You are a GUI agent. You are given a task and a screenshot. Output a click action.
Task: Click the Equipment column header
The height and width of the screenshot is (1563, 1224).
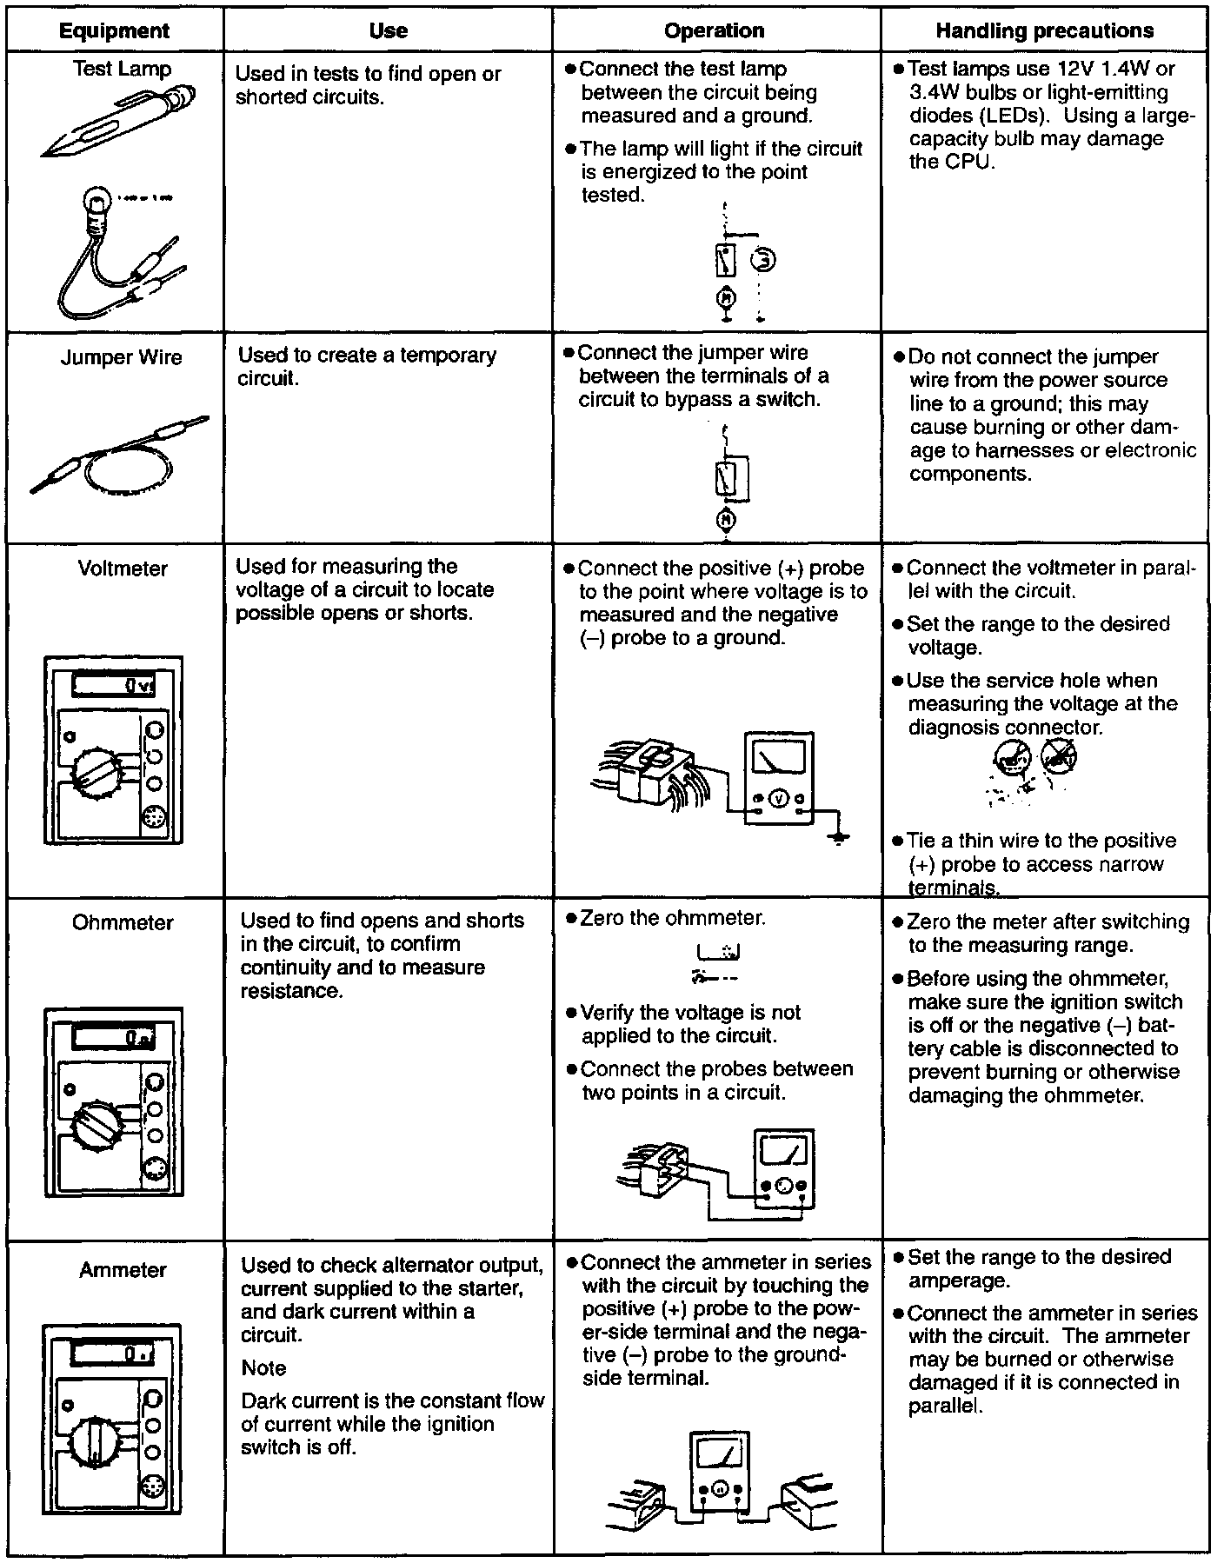(x=114, y=30)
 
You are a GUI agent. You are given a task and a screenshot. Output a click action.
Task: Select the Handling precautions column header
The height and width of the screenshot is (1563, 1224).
(x=1044, y=30)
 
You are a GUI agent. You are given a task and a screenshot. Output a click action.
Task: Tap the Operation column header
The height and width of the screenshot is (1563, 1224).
(x=714, y=30)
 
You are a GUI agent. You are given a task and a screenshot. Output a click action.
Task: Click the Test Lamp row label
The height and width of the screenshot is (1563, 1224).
(x=122, y=69)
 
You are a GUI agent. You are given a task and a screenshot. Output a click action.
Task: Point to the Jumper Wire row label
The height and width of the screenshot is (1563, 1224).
(x=122, y=357)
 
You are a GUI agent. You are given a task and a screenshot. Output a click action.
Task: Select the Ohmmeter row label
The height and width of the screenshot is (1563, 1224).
(x=123, y=922)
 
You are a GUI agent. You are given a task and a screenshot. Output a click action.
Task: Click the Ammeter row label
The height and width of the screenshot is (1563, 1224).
(x=123, y=1270)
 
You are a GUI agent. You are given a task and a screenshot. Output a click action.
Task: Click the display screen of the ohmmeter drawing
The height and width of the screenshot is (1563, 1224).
(x=114, y=1037)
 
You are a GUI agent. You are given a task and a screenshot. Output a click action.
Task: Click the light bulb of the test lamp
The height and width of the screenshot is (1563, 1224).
(x=95, y=204)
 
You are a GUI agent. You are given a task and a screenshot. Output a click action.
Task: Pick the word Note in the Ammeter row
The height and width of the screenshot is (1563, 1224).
(x=263, y=1368)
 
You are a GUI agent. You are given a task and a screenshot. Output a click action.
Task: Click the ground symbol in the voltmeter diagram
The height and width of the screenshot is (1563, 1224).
(x=838, y=839)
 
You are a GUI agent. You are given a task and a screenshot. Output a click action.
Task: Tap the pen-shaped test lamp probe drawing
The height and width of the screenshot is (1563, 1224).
(x=117, y=122)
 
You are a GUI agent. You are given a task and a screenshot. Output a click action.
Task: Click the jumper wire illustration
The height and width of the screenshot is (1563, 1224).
(x=122, y=456)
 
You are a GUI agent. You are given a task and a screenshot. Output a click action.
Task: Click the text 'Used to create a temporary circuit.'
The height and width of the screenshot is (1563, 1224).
(x=366, y=367)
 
